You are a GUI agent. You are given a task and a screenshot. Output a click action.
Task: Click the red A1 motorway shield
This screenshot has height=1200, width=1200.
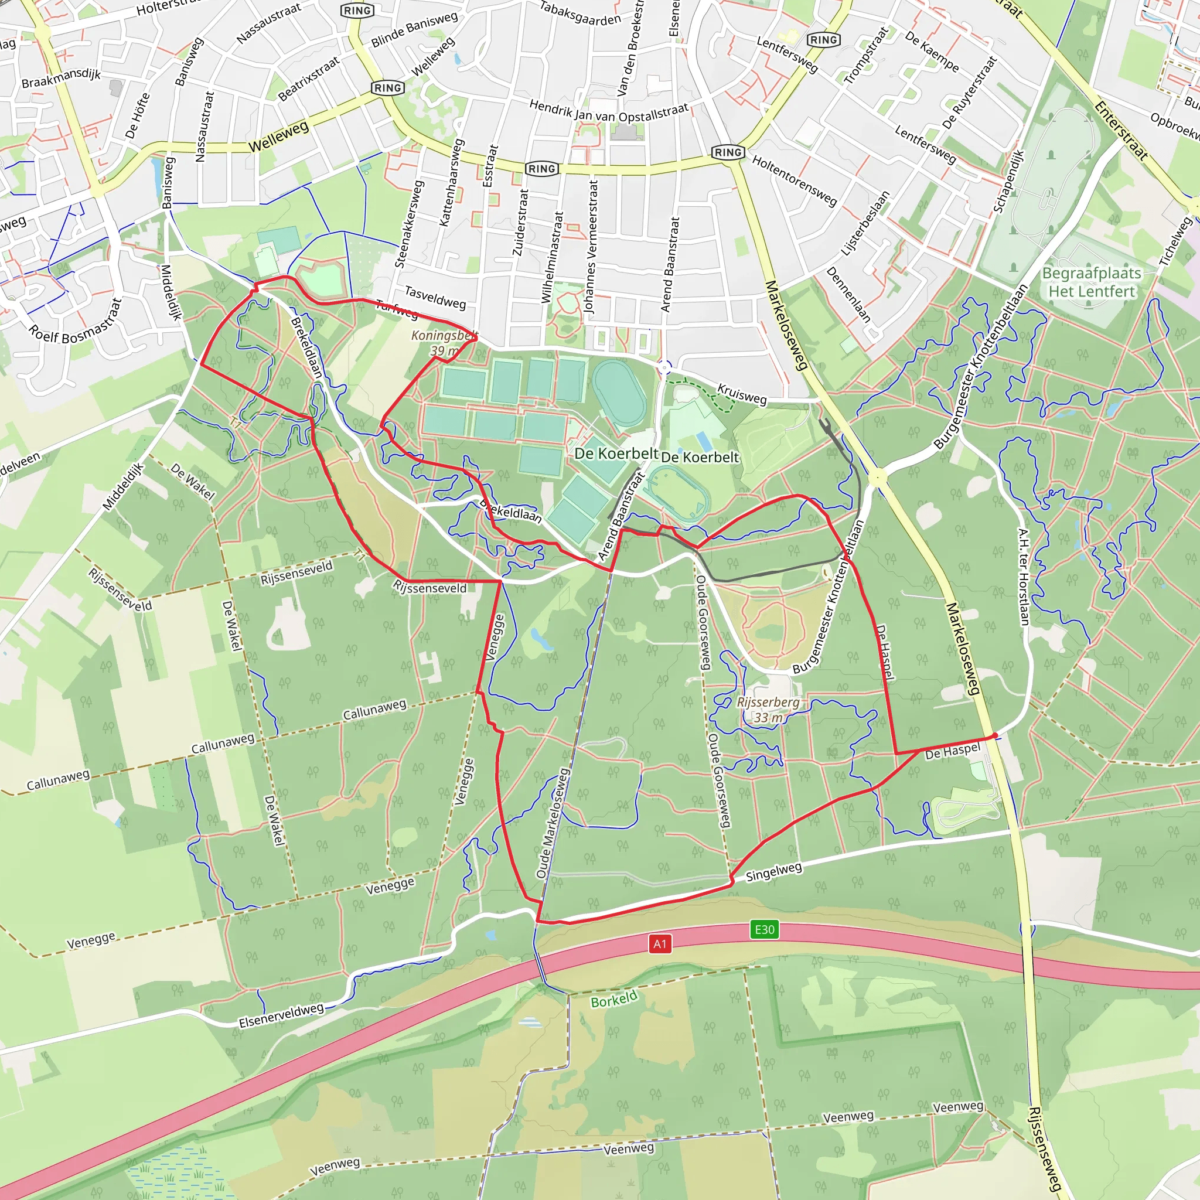pos(660,944)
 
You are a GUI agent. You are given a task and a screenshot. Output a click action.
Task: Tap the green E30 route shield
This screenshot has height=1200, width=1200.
pos(764,929)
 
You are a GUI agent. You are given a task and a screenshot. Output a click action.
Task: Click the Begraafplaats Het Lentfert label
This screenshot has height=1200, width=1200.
pos(1091,282)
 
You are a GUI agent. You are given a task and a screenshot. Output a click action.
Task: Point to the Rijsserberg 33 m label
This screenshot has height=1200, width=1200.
pos(768,710)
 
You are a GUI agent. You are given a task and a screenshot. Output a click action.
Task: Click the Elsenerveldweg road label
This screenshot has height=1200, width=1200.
pos(281,1014)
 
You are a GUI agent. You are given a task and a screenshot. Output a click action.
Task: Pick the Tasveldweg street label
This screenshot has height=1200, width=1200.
pos(435,297)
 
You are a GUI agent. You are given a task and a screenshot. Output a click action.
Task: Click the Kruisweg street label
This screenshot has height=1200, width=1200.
pos(742,393)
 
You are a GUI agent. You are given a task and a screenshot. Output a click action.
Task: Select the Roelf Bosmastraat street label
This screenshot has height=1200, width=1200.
pos(76,329)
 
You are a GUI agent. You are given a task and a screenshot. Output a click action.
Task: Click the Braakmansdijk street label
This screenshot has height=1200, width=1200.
pos(61,79)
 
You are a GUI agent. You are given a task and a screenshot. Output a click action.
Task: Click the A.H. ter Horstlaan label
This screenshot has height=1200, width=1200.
pos(1024,577)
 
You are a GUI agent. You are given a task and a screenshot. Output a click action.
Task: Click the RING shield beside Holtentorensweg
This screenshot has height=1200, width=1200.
pos(727,152)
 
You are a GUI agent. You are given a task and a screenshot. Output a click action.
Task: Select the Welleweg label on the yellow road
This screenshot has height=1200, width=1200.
pos(278,136)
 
